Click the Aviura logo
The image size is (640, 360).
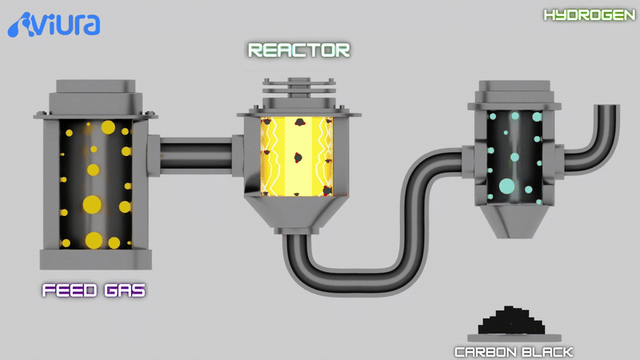click(x=54, y=25)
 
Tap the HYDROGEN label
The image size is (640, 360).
click(x=590, y=15)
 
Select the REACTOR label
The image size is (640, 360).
click(x=298, y=50)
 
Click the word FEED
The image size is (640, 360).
click(x=70, y=290)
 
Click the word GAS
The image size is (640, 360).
click(x=125, y=290)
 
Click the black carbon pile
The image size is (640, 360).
click(x=511, y=321)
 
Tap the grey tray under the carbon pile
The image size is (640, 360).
click(x=514, y=338)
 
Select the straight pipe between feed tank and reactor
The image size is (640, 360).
click(x=196, y=156)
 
